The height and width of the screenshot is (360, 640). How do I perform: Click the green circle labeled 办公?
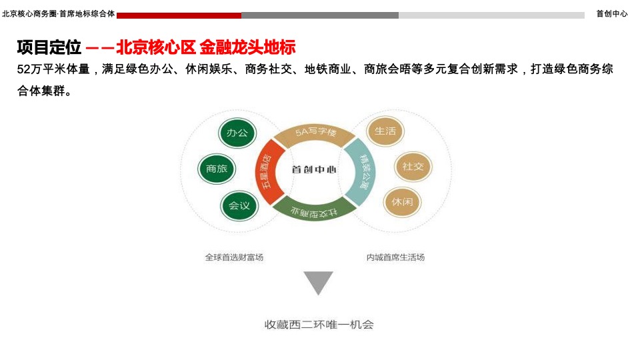click(x=237, y=133)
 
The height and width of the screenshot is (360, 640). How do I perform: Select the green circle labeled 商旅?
click(x=217, y=169)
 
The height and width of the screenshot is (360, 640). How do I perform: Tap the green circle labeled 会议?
click(x=239, y=205)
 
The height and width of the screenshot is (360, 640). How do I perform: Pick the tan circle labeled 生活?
click(x=385, y=131)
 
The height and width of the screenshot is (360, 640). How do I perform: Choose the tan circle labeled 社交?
click(x=413, y=166)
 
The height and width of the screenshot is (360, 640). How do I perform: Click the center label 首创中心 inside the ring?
click(x=314, y=169)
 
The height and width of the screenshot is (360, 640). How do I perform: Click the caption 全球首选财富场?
click(x=234, y=257)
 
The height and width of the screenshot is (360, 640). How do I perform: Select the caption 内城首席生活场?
click(x=395, y=257)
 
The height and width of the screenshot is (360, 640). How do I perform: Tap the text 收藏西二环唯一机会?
click(x=319, y=325)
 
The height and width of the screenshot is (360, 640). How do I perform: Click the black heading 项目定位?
click(x=49, y=47)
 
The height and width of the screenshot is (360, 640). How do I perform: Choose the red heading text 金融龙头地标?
click(x=247, y=47)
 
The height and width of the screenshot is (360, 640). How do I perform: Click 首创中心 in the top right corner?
click(x=611, y=13)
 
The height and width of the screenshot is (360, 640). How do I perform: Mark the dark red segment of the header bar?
click(x=179, y=15)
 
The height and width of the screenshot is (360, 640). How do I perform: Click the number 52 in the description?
click(x=24, y=69)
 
